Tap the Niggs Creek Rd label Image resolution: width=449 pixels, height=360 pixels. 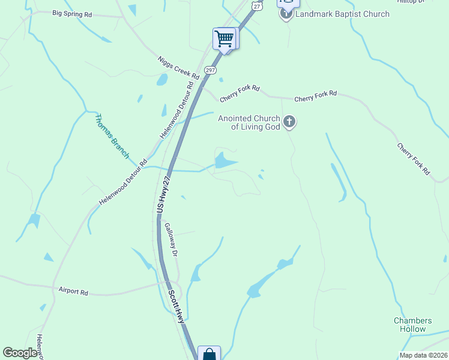pos(178,67)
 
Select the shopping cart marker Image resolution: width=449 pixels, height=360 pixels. pos(224,39)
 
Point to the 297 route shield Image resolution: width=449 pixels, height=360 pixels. pos(210,70)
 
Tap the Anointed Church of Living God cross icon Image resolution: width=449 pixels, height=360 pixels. pos(289,123)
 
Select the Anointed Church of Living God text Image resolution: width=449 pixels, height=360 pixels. pos(249,122)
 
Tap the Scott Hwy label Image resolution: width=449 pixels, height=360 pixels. pos(176,307)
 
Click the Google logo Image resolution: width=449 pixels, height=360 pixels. pos(20,353)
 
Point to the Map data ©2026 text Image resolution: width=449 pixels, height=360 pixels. pos(423,355)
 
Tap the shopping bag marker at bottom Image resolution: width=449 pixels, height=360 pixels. pos(209,354)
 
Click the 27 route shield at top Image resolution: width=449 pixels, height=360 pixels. pos(257,5)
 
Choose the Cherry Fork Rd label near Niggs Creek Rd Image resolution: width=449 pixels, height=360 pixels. pos(240,92)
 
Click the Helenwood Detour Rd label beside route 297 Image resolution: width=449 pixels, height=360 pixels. pos(178,110)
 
